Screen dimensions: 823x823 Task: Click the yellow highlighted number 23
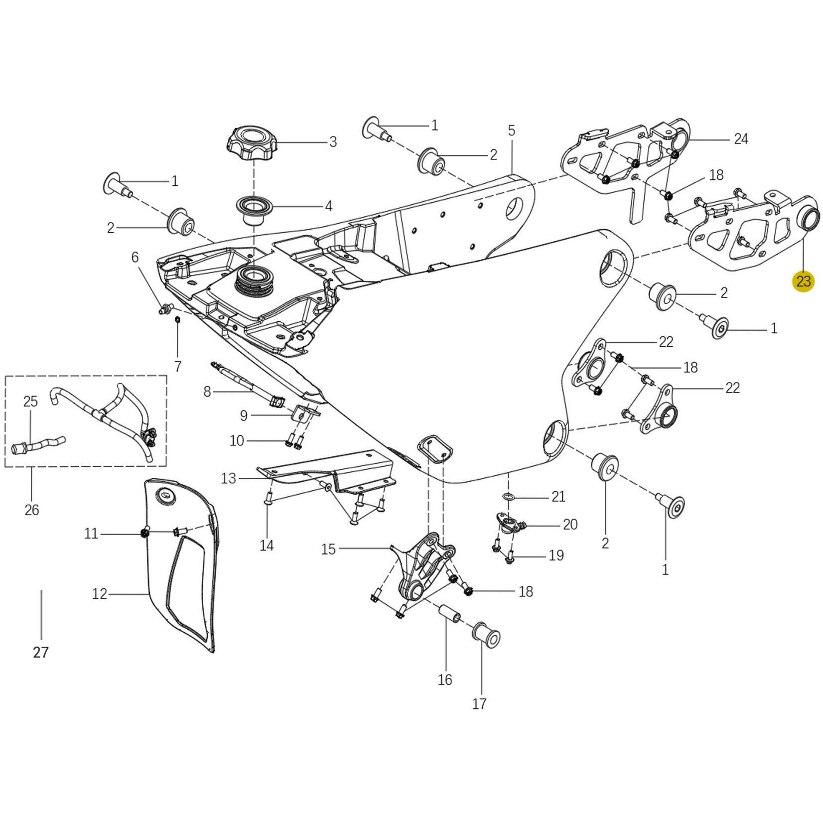803,281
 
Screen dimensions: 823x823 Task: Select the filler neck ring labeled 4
254,205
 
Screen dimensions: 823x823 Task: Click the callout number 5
512,131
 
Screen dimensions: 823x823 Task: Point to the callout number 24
741,139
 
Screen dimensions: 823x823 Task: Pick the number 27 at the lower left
41,652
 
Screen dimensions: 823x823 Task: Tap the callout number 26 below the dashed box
31,510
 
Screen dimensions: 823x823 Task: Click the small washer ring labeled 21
508,496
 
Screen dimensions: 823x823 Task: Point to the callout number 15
328,549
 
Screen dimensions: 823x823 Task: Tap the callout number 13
228,479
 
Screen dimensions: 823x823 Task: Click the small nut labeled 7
177,319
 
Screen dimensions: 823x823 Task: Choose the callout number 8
207,392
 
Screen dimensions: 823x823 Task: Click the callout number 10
237,441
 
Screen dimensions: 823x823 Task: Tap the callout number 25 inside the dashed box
30,401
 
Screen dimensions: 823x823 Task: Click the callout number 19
556,555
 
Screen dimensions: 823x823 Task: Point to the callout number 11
91,534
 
